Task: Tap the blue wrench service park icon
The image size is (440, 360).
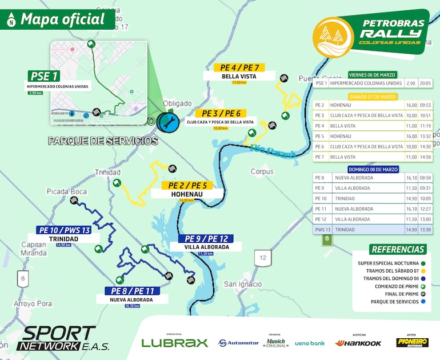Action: tap(169, 122)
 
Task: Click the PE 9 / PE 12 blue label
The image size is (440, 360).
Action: tap(204, 238)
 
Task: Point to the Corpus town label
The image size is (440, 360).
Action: tap(262, 171)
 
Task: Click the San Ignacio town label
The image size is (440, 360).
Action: tap(242, 284)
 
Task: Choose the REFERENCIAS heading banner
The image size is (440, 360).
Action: tap(398, 249)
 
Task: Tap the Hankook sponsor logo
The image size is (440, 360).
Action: tap(358, 343)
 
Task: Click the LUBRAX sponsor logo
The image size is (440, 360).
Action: tap(174, 343)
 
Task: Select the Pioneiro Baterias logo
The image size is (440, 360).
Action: tap(412, 342)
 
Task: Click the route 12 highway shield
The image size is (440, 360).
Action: tap(262, 257)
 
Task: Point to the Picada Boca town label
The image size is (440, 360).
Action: tap(67, 191)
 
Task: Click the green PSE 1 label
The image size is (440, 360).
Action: tap(45, 77)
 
